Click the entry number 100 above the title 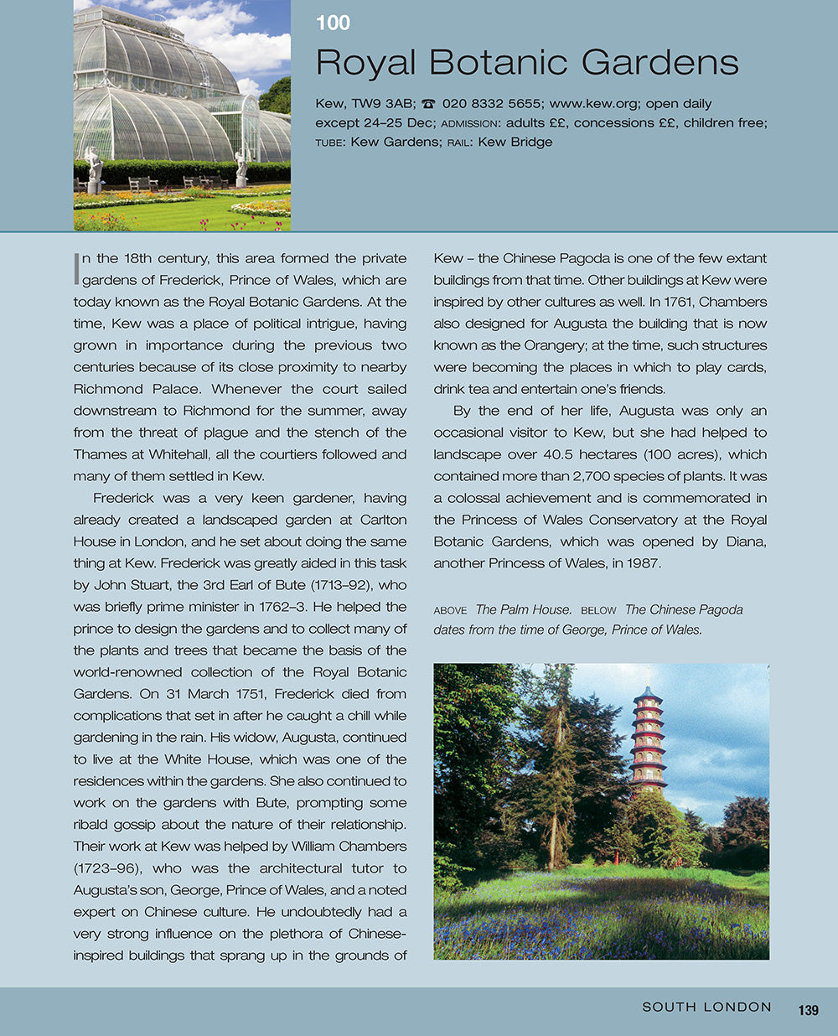point(333,23)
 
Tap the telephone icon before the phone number point(428,104)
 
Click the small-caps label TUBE point(329,142)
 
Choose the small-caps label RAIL point(458,142)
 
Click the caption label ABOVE point(450,610)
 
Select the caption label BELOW point(598,610)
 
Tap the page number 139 point(808,1010)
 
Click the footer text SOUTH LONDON point(706,1007)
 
